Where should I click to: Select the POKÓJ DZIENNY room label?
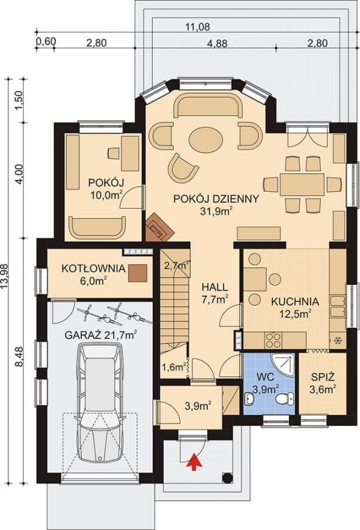(x=216, y=199)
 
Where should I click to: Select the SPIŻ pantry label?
(x=321, y=376)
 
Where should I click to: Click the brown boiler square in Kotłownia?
(x=138, y=274)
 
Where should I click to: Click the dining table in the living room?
(x=302, y=184)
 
